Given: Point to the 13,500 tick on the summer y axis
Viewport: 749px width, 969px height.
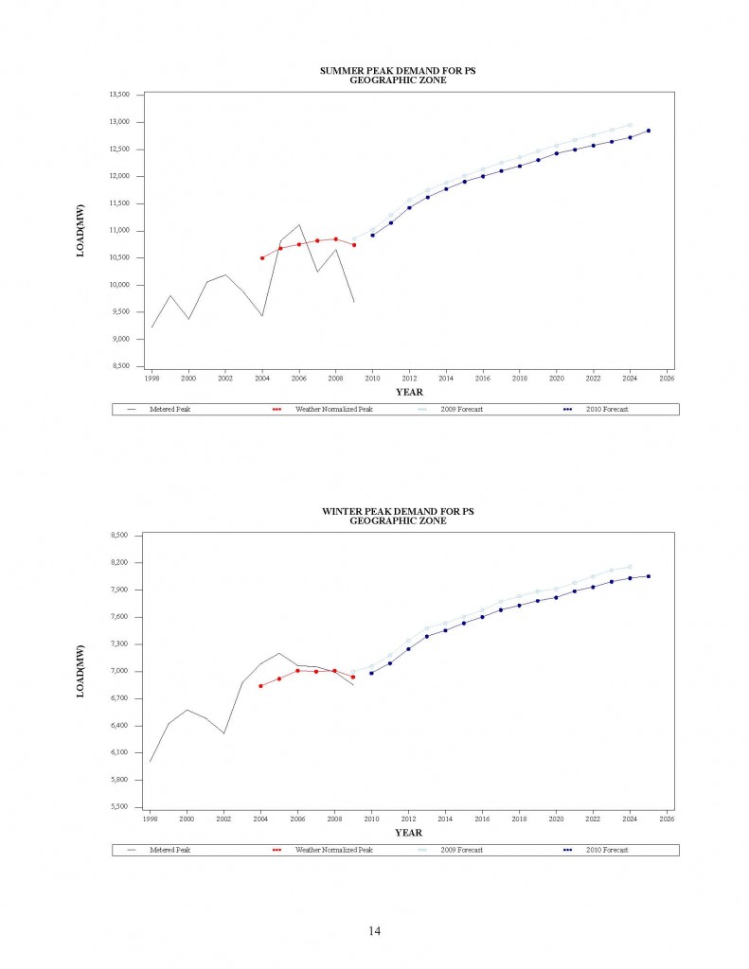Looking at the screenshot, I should coord(120,95).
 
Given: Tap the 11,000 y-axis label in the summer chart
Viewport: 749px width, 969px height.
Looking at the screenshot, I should coord(120,231).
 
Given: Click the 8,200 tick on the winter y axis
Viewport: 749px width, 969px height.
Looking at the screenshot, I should coord(123,563).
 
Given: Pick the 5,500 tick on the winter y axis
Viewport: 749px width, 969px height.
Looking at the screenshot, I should coord(123,807).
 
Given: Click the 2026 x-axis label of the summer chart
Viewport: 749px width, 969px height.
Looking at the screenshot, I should coord(667,378).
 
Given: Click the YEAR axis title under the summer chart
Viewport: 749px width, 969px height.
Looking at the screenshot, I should coord(409,392).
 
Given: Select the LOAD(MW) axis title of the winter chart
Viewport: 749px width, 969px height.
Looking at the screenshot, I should coord(80,671).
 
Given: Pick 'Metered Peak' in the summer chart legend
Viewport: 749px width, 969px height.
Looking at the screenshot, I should coord(169,409).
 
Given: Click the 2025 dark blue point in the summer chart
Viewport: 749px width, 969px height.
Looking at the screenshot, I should coord(649,131).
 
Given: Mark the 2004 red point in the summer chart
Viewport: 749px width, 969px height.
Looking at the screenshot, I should coord(261,257).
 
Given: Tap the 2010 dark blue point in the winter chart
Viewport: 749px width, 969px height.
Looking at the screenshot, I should coord(371,673).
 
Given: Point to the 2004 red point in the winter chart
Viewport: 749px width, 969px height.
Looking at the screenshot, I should coord(260,686).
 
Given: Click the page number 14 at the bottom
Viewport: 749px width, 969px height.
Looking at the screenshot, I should coord(374,932).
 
